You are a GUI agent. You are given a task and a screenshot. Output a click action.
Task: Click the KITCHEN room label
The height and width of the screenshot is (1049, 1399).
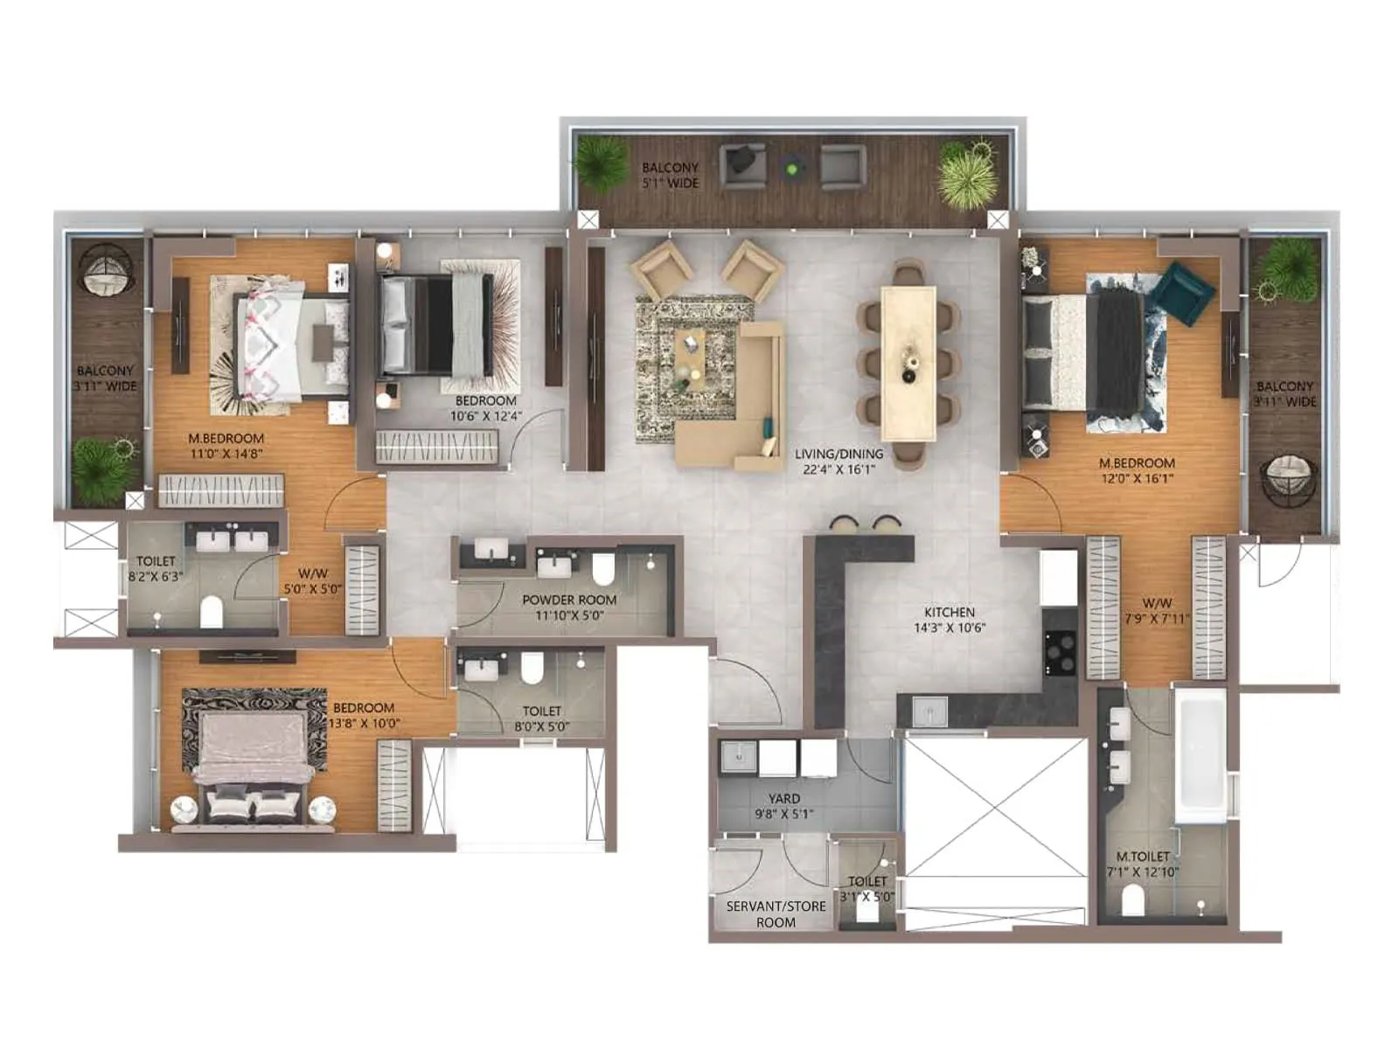949,613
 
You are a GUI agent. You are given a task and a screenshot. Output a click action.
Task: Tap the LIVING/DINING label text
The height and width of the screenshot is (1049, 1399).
839,454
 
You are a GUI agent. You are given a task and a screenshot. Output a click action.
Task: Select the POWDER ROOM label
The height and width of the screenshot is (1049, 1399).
569,600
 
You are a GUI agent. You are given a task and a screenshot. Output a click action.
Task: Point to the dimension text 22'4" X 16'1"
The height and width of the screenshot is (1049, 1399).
839,469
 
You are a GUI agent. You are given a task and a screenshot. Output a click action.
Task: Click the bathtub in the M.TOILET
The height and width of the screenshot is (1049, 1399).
1200,757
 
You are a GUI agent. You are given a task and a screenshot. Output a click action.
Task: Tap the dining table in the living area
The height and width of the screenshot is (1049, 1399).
908,363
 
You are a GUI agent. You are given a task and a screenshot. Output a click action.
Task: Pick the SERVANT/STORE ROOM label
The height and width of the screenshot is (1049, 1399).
776,914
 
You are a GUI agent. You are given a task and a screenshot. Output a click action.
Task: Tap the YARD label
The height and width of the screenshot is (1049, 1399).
783,798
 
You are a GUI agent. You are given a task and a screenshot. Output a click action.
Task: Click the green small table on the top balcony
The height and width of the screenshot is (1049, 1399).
793,166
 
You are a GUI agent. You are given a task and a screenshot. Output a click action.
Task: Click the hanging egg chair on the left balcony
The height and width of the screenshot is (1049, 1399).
105,269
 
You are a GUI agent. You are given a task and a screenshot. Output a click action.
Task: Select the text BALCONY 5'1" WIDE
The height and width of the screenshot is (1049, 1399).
671,175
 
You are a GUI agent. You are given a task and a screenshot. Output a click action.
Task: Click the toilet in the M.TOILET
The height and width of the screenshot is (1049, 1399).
1132,900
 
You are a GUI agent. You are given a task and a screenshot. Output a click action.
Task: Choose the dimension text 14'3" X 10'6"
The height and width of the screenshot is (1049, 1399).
949,628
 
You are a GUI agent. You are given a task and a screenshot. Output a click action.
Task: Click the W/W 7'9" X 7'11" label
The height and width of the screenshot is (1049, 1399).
1157,611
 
